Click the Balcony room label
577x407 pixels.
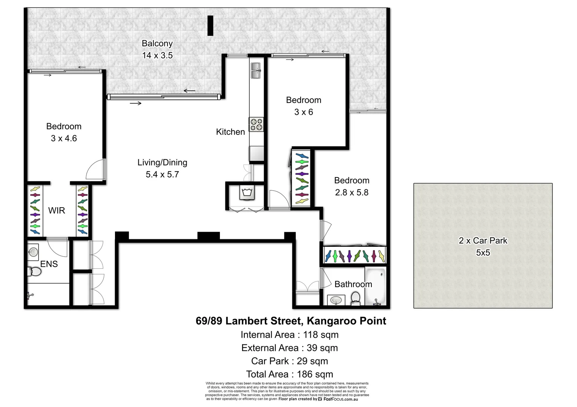[157, 43]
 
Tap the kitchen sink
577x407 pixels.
[256, 70]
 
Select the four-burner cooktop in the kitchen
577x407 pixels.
[256, 124]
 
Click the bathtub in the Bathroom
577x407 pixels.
[375, 286]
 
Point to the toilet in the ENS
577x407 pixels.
[34, 271]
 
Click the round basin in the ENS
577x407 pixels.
[33, 252]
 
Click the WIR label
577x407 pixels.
[57, 211]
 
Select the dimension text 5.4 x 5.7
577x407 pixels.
[162, 174]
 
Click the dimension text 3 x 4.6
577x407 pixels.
[64, 138]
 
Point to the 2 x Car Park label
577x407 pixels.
[483, 240]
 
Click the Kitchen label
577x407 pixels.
[230, 132]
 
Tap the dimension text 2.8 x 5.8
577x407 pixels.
[351, 193]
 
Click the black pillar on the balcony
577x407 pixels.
[210, 26]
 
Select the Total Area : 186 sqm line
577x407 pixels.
[289, 374]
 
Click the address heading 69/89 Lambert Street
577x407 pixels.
[291, 321]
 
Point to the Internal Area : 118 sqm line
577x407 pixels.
[289, 335]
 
